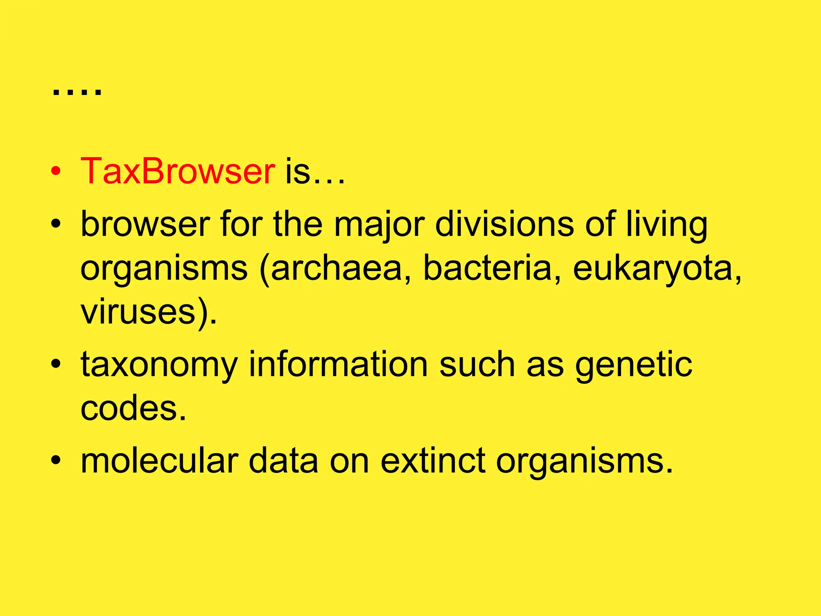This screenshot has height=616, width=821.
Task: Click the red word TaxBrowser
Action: (x=178, y=171)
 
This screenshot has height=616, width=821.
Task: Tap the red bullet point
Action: (x=56, y=172)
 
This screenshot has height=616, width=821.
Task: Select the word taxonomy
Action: (x=160, y=365)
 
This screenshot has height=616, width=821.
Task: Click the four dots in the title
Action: (x=77, y=92)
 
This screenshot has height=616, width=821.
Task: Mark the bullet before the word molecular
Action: (x=56, y=461)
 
